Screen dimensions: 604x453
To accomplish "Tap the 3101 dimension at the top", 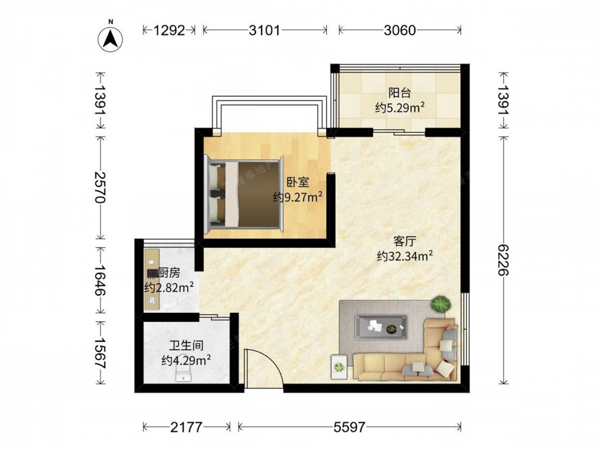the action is (265, 30).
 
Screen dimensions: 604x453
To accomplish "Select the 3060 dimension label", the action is (400, 30).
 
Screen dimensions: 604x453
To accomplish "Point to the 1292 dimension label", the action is (170, 30).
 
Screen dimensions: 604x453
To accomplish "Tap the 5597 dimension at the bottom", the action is (349, 427).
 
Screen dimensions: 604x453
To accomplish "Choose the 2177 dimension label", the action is (187, 427).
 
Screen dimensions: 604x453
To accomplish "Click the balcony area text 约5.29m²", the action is (400, 108).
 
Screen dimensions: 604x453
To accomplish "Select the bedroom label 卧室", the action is (297, 182).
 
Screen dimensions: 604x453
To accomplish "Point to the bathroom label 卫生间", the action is (186, 345).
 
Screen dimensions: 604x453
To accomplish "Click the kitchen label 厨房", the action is (169, 273).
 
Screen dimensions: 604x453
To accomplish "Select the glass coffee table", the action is (381, 327).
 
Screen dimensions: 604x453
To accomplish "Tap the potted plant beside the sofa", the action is (440, 304).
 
